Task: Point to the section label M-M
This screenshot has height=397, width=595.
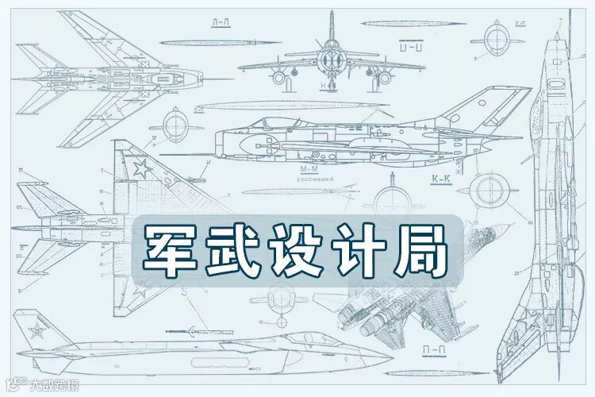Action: (309, 170)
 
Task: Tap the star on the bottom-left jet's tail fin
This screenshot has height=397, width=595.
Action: (36, 332)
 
